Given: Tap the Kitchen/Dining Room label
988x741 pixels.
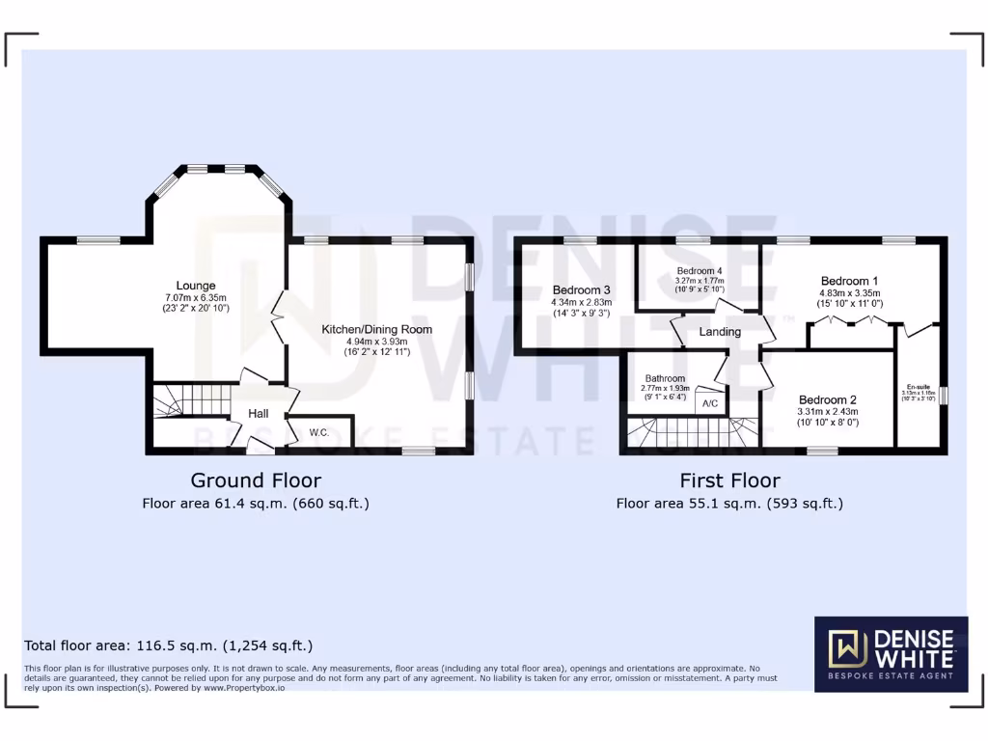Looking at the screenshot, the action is (x=376, y=329).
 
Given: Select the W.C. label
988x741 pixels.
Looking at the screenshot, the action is (x=319, y=432).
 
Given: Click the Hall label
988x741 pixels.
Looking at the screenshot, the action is (x=259, y=414).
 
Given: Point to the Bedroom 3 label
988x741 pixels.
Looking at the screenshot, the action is (x=582, y=289).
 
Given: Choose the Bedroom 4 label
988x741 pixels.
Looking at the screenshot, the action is (x=700, y=270).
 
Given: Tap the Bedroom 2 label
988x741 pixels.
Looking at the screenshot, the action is (x=828, y=399).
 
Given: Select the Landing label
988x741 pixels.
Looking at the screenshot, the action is (x=720, y=332).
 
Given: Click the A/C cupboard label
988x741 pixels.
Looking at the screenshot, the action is (x=710, y=403).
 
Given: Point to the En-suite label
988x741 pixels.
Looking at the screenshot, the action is (x=918, y=385).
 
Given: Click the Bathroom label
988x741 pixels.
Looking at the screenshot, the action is (x=666, y=378).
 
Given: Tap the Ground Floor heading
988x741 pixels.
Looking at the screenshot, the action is (x=256, y=480).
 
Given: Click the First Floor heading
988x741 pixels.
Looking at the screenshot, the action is (x=729, y=480).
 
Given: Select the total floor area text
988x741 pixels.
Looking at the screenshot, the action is (x=168, y=645).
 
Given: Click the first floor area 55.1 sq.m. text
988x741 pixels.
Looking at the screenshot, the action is (x=729, y=503).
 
